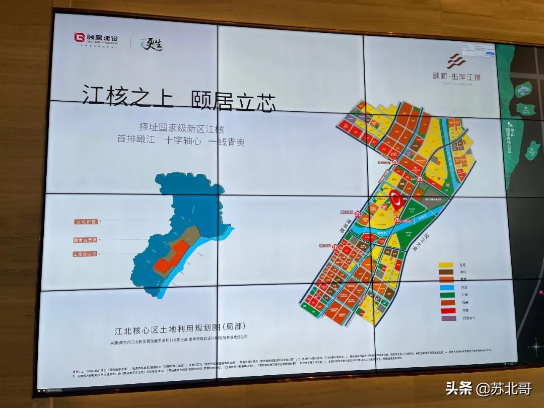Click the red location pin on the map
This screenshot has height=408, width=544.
click(x=396, y=201)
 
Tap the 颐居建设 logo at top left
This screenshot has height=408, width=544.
click(x=96, y=39)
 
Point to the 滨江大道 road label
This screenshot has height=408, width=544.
click(x=414, y=240)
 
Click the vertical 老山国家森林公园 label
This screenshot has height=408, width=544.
click(x=509, y=136)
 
